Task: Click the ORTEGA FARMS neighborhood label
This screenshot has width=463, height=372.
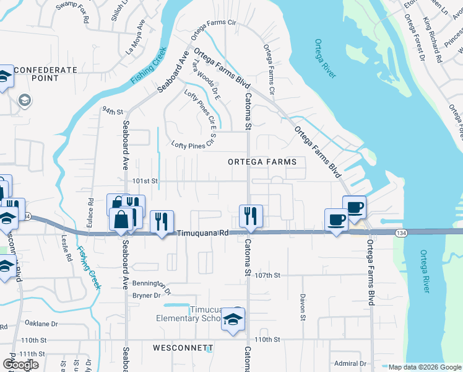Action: click(x=262, y=162)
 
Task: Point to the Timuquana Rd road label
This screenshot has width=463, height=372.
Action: click(x=203, y=233)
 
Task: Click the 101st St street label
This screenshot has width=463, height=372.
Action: click(x=145, y=181)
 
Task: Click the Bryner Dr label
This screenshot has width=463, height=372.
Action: click(x=147, y=295)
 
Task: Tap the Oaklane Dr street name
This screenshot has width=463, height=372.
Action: click(x=41, y=324)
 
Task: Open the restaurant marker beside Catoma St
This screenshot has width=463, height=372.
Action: click(x=251, y=215)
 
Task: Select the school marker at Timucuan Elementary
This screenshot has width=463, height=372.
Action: click(x=234, y=319)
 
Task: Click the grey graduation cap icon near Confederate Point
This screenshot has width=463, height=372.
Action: click(x=25, y=100)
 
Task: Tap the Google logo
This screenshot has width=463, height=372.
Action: click(x=21, y=365)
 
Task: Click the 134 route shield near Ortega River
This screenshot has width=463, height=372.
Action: click(x=400, y=232)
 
